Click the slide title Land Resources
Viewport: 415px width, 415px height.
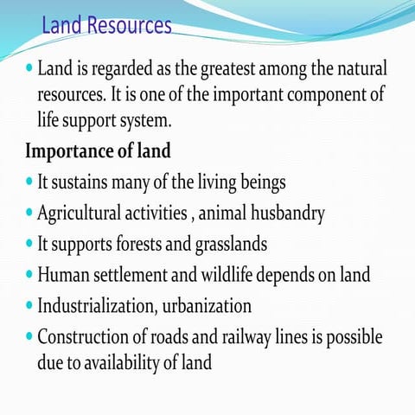[x=106, y=26]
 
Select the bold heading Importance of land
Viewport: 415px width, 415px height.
[x=98, y=150]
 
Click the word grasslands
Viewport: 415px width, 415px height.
[x=228, y=244]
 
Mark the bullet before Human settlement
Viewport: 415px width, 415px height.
[x=30, y=276]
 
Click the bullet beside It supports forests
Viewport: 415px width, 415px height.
[x=30, y=245]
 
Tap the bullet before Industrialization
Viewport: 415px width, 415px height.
[x=30, y=307]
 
